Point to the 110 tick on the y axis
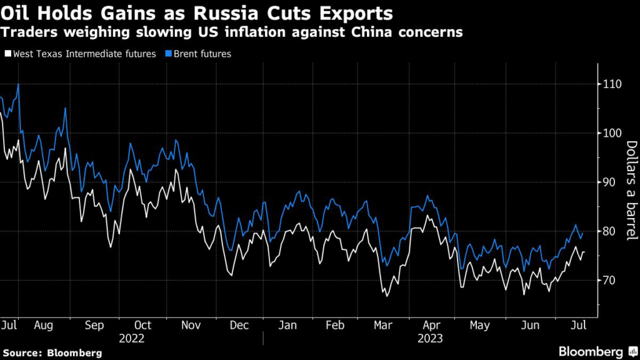click(x=614, y=84)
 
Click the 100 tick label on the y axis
click(x=614, y=133)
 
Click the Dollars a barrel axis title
click(x=631, y=190)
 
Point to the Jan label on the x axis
click(x=288, y=326)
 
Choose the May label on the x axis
click(x=479, y=326)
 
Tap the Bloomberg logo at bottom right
click(x=593, y=352)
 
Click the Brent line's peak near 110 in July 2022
click(x=19, y=84)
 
